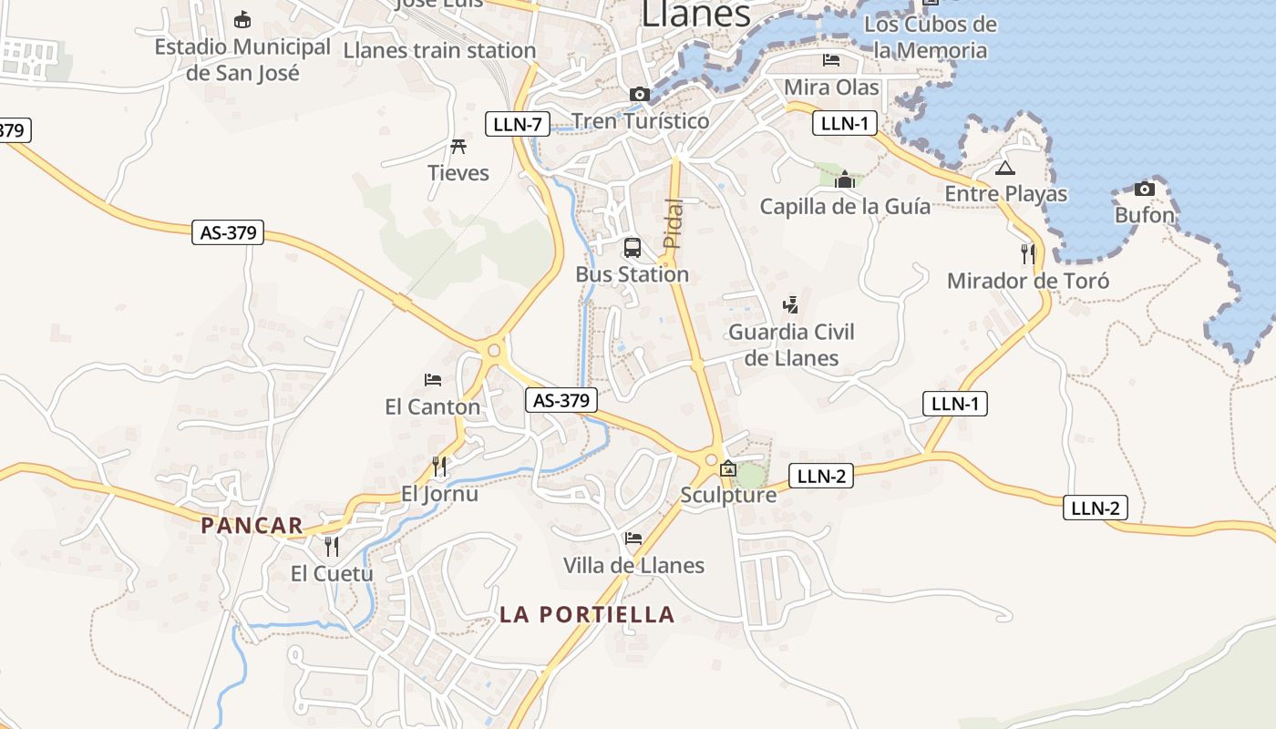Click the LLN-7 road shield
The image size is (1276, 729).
coord(518,124)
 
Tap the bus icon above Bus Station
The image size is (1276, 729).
coord(632,247)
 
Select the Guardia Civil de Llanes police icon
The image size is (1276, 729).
coord(791,304)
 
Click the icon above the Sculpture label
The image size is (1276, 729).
coord(727,469)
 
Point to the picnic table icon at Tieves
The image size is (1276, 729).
coord(458,146)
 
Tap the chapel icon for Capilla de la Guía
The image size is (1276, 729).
coord(845,180)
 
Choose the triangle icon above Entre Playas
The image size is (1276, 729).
coord(1004,168)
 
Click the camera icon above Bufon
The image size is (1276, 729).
coord(1145,190)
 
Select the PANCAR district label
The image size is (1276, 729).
coord(252,525)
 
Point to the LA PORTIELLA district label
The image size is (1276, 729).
coord(587,614)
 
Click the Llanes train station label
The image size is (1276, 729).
coord(439,50)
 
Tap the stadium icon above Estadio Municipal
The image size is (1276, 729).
coord(242,19)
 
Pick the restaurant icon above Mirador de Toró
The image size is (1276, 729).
coord(1028,253)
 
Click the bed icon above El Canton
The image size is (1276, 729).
coord(433,379)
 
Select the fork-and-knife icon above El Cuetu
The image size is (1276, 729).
coord(332,546)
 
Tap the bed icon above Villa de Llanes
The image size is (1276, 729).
coord(633,538)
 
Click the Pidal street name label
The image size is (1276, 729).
coord(673,223)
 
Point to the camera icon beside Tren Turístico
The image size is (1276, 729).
coord(639,94)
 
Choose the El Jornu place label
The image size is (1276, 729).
coord(439,494)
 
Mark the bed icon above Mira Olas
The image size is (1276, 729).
coord(831,60)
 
